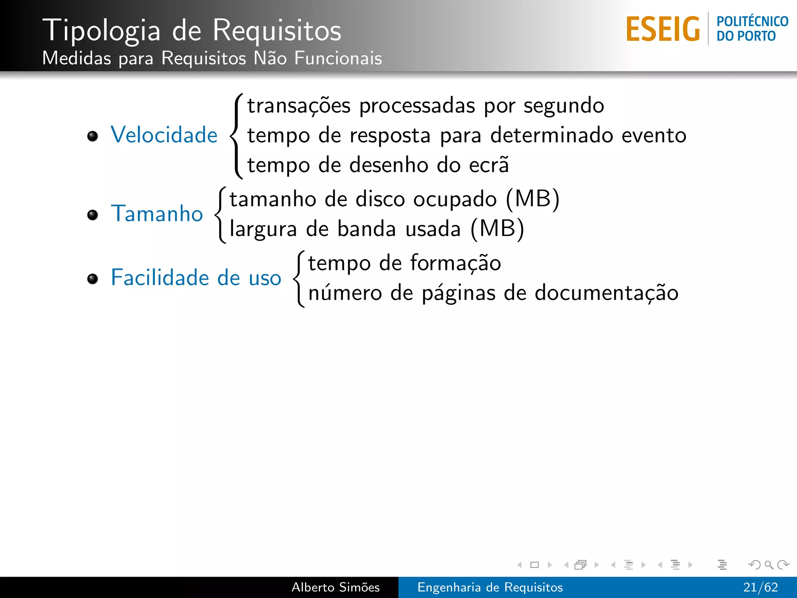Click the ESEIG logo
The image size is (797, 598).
663,29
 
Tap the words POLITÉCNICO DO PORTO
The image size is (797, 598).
752,28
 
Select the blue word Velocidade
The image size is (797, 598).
164,135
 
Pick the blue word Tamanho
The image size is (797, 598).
157,214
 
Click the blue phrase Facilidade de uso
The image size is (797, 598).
196,278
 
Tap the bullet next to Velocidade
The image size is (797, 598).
93,136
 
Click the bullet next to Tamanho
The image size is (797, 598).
93,215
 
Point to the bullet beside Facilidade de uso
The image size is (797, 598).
93,279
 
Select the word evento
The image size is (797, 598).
654,135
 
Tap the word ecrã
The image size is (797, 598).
489,165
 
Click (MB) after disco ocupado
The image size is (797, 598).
532,199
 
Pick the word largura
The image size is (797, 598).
263,229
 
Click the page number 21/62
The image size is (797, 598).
760,587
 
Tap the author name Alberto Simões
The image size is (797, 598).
335,587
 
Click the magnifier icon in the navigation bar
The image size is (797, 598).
769,565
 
